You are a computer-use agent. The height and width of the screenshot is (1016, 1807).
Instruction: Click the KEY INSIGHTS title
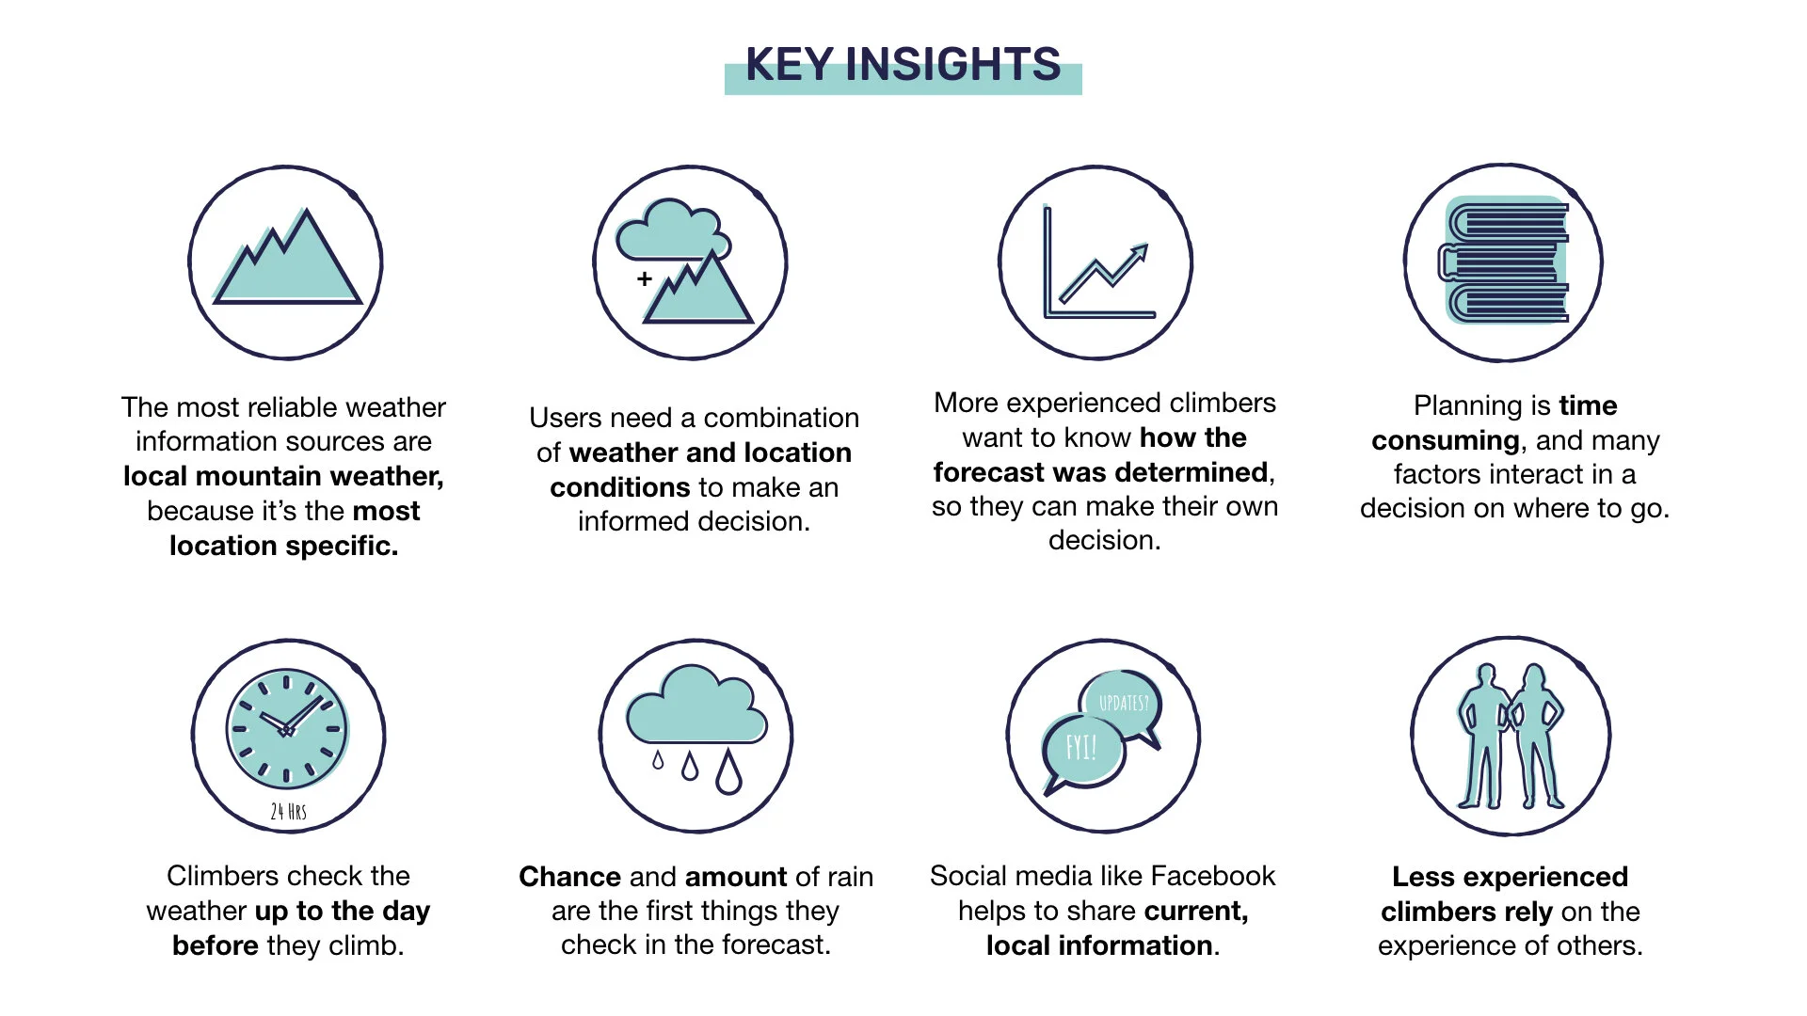903,65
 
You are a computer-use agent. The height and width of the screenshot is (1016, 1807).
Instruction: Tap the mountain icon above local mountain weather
286,262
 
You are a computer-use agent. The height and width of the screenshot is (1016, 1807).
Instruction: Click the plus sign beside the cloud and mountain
645,278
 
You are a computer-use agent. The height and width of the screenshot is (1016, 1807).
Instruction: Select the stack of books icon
1504,262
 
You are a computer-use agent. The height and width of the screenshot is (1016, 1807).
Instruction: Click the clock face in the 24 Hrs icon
287,730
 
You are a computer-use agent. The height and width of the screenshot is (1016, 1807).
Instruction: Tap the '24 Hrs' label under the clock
288,811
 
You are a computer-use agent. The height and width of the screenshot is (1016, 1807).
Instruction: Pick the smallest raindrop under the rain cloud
658,760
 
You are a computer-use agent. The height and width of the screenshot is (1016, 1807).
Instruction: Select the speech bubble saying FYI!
1082,749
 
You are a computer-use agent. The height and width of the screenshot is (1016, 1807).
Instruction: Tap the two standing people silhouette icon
1510,737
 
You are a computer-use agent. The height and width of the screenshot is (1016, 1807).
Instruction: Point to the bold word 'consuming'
1445,440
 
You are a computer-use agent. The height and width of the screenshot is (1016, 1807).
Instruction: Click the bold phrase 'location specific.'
284,546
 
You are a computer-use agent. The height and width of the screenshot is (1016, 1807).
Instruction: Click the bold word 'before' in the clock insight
215,945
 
